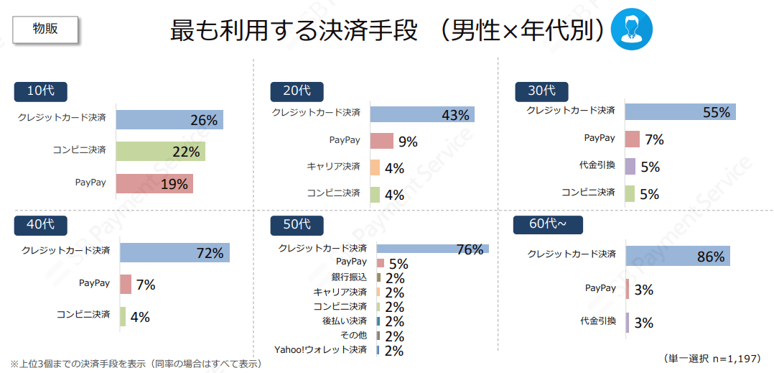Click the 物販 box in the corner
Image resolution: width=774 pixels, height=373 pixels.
tap(45, 29)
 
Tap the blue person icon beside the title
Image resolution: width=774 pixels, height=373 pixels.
tap(632, 29)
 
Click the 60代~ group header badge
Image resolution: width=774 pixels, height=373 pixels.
tap(548, 224)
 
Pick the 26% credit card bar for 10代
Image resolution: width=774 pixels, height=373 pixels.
tap(169, 119)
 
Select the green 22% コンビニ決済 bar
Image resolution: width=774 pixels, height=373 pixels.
tap(160, 151)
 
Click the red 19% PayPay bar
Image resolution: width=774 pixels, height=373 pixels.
tap(154, 183)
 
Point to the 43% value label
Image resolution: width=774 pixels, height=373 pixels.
tap(455, 115)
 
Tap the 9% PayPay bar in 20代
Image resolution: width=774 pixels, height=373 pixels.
tap(381, 141)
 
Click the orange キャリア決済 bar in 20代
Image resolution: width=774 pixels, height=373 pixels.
tap(375, 167)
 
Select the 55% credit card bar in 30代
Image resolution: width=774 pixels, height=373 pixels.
tap(680, 111)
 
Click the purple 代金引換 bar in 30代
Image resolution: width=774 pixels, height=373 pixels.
tap(630, 166)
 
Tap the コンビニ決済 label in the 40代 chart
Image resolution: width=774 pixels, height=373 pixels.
tap(83, 315)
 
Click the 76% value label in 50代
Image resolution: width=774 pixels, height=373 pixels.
tap(470, 249)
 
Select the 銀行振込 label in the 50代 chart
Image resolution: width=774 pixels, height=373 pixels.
tap(349, 277)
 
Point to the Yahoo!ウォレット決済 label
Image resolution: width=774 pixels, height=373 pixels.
tap(320, 350)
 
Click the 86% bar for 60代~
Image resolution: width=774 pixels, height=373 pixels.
tap(677, 256)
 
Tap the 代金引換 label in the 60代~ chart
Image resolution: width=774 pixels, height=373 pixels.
tap(597, 321)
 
